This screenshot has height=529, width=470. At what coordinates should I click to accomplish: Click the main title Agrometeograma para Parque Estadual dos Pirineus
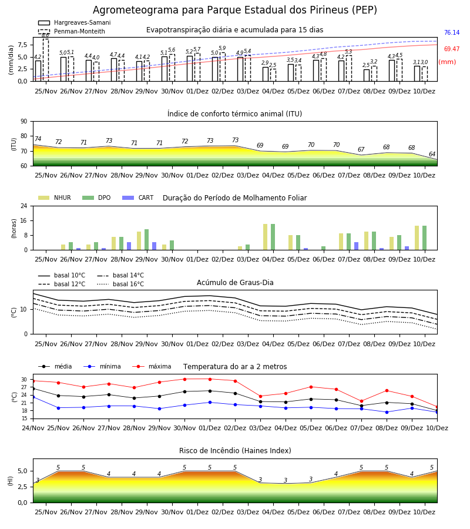234,10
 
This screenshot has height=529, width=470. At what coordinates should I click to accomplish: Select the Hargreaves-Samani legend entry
75,22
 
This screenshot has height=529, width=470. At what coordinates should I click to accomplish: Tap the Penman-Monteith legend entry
72,31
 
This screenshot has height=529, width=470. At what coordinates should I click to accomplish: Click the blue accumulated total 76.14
452,33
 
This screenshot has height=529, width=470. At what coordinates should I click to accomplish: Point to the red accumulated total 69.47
452,49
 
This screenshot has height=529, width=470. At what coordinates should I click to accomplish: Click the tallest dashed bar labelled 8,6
45,60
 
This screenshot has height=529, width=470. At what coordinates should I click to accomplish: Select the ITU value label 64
432,154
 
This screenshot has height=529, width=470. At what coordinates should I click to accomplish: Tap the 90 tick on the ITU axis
24,122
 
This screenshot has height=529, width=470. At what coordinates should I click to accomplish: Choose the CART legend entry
137,197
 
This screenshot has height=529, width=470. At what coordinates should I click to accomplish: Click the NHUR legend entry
54,197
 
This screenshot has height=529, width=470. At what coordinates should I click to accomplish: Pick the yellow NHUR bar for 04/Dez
266,237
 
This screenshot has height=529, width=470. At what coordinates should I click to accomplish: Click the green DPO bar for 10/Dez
425,238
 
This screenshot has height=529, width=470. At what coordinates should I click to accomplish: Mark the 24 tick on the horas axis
24,206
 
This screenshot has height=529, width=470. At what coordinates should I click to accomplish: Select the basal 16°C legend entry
120,284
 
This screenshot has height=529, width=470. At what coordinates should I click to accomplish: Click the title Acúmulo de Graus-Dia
235,282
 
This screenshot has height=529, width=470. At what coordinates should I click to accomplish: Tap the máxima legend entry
152,366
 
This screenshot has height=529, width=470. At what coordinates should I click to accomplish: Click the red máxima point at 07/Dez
362,401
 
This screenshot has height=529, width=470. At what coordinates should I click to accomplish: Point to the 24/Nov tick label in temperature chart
33,428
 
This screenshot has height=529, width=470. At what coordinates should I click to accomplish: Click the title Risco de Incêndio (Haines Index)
235,450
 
